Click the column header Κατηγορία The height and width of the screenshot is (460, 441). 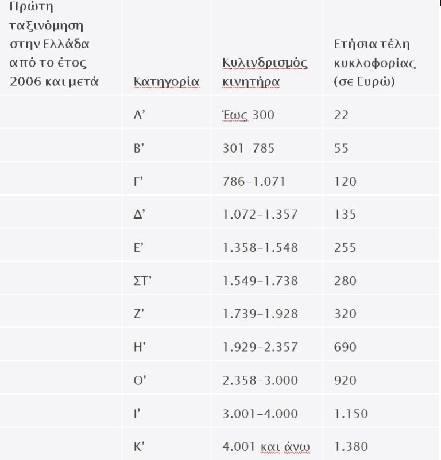pos(166,81)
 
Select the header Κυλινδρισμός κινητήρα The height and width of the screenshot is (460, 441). pos(265,72)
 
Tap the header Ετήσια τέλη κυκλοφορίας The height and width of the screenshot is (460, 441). pos(374,63)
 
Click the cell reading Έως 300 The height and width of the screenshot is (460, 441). pos(248,115)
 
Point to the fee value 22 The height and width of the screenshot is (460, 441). pos(341,115)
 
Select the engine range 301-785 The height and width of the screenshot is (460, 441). pos(248,149)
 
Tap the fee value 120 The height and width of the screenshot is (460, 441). pos(345,182)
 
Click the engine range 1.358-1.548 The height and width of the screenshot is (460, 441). pos(260,248)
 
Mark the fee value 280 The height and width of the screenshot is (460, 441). pos(345,281)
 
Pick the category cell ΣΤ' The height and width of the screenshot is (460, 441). pos(141,281)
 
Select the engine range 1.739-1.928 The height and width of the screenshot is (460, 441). pos(260,314)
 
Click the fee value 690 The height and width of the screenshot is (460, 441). pos(345,347)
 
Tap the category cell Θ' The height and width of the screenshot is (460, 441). pos(138,380)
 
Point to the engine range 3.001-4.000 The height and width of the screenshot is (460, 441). pos(260,414)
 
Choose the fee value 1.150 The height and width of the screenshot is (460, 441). pos(350,414)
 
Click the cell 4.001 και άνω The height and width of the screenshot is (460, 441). pos(266,446)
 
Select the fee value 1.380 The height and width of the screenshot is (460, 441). pos(350,446)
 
